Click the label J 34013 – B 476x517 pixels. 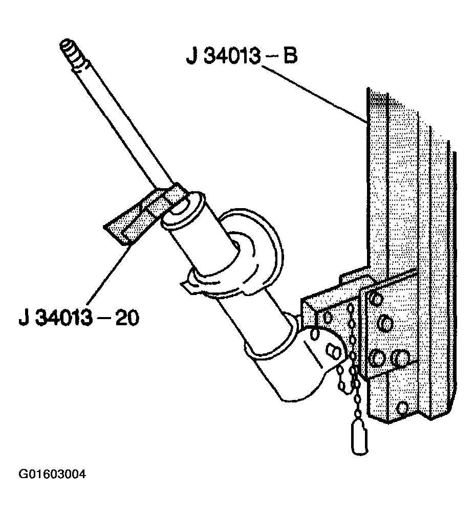coord(242,56)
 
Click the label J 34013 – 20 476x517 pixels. coord(79,318)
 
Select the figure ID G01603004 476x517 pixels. coord(52,474)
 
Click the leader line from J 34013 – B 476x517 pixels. coord(315,94)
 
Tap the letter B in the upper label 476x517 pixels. coord(290,56)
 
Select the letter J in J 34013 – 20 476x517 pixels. coord(24,318)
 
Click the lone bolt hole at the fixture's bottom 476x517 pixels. coord(402,408)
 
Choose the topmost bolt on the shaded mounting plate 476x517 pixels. coord(377,299)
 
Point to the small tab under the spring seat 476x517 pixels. coord(188,285)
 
